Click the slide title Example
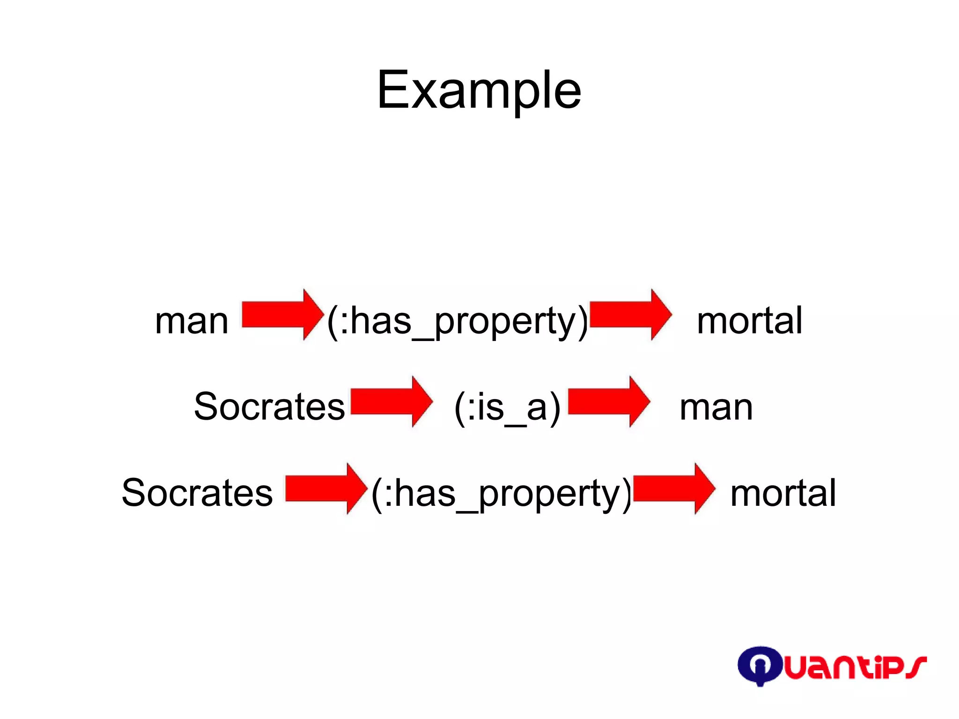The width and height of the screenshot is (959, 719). coord(479,90)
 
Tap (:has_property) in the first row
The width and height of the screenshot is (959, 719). coord(457,321)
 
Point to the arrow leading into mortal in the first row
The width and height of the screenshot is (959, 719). coord(630,314)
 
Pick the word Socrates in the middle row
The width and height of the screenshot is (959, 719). coord(269,407)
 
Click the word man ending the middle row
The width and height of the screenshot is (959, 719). coord(716,408)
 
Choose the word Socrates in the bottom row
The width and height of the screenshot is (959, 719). coord(197,493)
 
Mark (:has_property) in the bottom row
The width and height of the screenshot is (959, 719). coord(502,494)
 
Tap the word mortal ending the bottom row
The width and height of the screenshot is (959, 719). coord(783,494)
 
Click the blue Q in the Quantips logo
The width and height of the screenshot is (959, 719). coord(759,665)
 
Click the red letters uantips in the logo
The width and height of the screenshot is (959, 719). coord(855,667)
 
